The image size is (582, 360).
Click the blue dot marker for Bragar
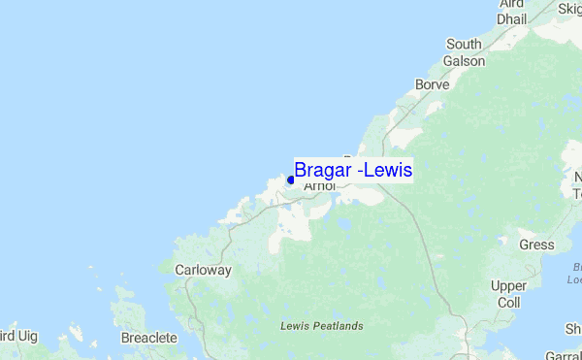tap(290, 180)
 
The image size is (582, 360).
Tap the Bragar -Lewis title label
tap(353, 170)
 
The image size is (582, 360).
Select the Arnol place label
tap(319, 186)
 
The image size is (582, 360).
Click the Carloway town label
tap(203, 271)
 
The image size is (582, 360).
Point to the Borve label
tap(432, 84)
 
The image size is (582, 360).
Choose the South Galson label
tap(465, 52)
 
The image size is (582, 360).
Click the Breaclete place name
tap(149, 338)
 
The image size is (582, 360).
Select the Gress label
tap(535, 245)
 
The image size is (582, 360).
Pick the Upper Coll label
tap(508, 294)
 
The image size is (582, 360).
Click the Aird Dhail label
tap(512, 12)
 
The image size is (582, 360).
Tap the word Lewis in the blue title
tap(390, 170)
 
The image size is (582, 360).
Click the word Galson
tap(465, 60)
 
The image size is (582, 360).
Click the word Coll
tap(508, 302)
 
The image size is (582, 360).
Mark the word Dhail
tap(512, 18)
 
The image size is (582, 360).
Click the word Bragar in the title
tap(323, 170)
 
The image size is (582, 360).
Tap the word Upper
tap(508, 286)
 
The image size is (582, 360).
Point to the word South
tap(465, 45)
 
